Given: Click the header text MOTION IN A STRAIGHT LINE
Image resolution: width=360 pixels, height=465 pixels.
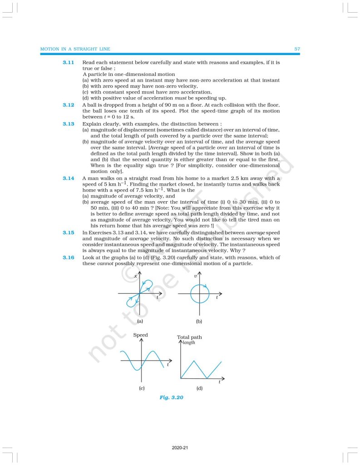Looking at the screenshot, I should [x=75, y=49].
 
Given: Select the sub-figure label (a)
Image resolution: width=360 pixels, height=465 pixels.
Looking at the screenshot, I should [x=140, y=321].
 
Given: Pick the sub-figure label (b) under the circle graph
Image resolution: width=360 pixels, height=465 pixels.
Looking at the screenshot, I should [x=199, y=321].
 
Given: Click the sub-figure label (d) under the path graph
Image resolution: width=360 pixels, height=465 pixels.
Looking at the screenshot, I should [x=199, y=388].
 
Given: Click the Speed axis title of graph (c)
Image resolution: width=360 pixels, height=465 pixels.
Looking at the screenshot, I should [x=140, y=335].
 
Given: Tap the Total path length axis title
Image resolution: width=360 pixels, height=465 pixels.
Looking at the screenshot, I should [x=189, y=338].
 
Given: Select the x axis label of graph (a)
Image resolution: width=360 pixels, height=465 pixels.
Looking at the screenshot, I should [x=135, y=276].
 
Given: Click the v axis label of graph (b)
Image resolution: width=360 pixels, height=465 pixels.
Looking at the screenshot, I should [x=194, y=276].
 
